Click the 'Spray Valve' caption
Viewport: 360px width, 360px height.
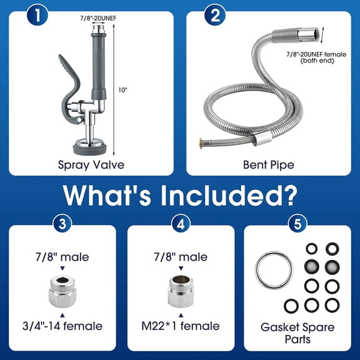tap(92, 166)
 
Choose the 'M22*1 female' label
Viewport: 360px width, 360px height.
tap(181, 326)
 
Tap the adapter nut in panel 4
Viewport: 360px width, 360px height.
tap(181, 290)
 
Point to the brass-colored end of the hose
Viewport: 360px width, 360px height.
tap(202, 141)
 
